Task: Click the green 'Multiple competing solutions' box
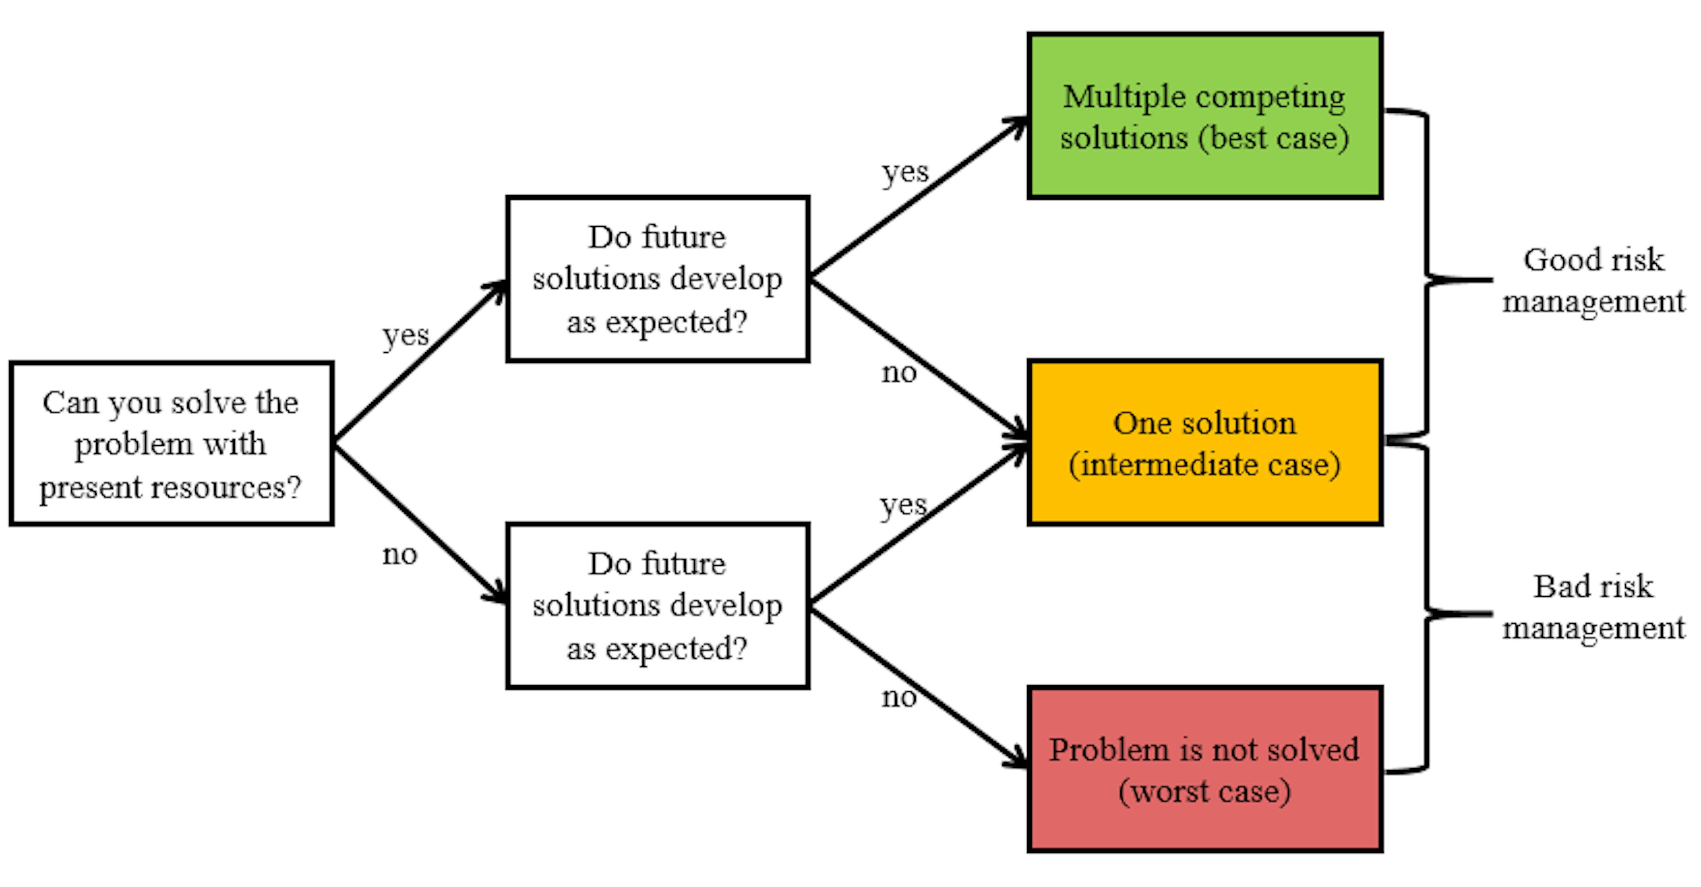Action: [1204, 116]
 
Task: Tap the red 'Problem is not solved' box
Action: [1204, 770]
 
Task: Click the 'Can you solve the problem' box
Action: [171, 443]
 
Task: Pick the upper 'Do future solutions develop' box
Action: [658, 278]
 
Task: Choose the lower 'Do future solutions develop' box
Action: [658, 606]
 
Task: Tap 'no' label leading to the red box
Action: [899, 697]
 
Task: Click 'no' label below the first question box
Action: [400, 554]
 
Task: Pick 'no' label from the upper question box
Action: [899, 373]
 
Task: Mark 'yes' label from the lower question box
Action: [903, 505]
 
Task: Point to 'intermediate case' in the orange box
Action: [1204, 465]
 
